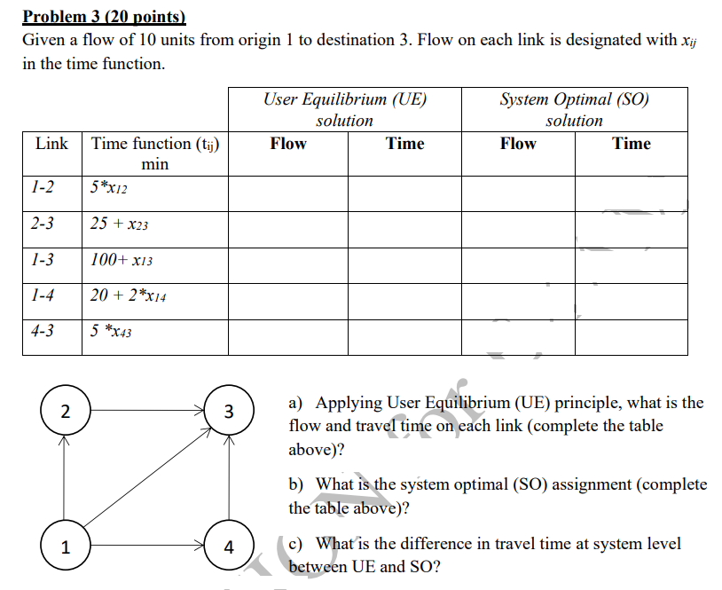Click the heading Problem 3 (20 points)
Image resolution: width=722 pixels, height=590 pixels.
click(x=105, y=15)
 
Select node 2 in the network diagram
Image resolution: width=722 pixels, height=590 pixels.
click(x=63, y=411)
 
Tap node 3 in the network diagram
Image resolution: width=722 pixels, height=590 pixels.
click(x=229, y=411)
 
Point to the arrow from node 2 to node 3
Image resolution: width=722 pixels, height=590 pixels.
click(x=145, y=411)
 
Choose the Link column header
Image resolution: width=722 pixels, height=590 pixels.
click(x=51, y=144)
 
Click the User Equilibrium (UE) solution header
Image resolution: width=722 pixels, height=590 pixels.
click(x=345, y=109)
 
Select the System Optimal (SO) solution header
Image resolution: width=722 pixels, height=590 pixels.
click(x=574, y=109)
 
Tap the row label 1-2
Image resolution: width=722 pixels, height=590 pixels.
click(x=42, y=187)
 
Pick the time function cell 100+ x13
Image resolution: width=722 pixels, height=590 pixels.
click(x=122, y=260)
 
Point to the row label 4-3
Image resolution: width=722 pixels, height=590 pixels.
click(x=42, y=331)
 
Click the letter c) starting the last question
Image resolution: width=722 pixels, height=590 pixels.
click(x=298, y=544)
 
